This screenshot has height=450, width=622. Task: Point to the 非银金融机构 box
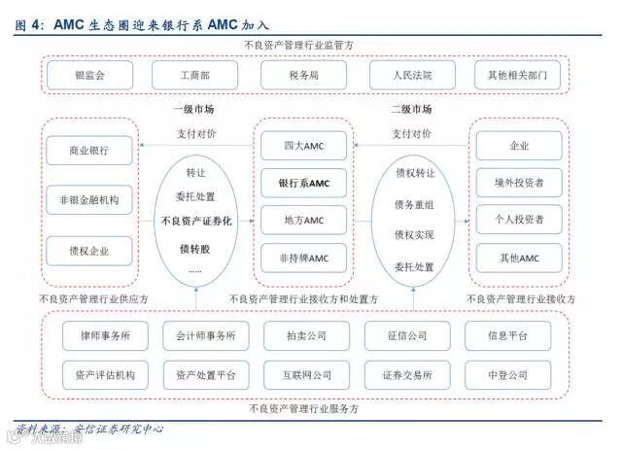(x=88, y=202)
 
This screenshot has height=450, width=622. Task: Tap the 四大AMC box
(x=303, y=146)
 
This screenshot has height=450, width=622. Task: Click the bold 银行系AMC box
(x=303, y=183)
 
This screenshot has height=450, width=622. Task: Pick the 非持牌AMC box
(x=303, y=258)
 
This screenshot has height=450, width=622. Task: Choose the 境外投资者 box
(x=519, y=182)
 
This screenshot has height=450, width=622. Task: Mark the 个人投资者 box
(x=519, y=220)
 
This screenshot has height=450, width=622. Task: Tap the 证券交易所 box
(x=406, y=374)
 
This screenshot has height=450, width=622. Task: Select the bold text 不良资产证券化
(x=195, y=222)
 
